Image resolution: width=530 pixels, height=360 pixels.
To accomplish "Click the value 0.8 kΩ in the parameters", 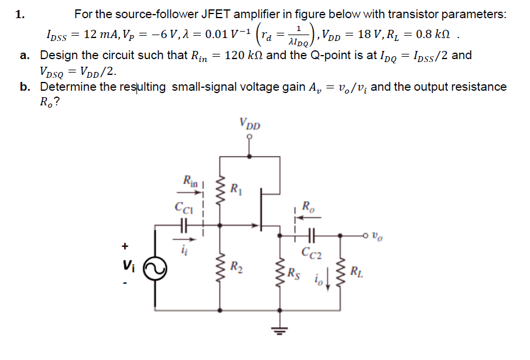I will point(430,33).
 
